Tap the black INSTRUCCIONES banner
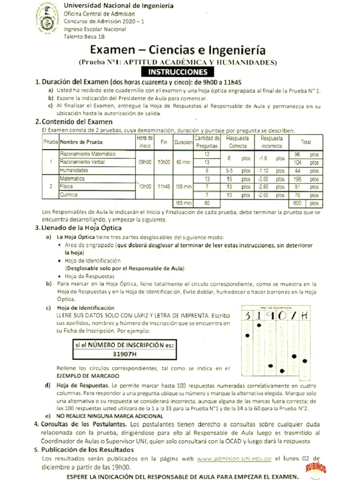click(178, 72)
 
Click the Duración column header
click(182, 142)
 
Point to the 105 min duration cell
click(182, 186)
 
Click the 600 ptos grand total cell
click(305, 203)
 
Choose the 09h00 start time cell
click(144, 162)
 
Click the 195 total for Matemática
click(297, 179)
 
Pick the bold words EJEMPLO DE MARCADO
click(88, 376)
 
